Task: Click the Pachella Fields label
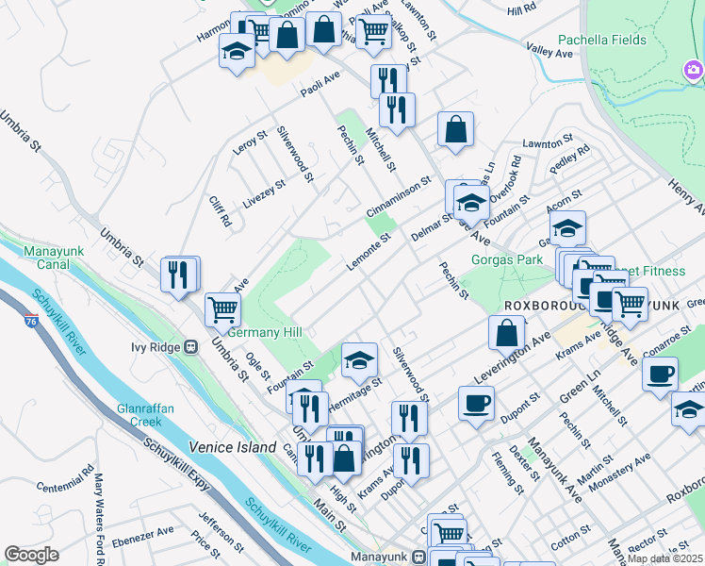[x=601, y=41]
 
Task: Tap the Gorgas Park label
[x=508, y=258]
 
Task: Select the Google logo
[x=32, y=555]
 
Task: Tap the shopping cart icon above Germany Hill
[x=222, y=308]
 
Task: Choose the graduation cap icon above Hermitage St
[x=359, y=359]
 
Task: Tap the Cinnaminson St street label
[x=399, y=196]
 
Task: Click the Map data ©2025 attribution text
[x=664, y=558]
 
